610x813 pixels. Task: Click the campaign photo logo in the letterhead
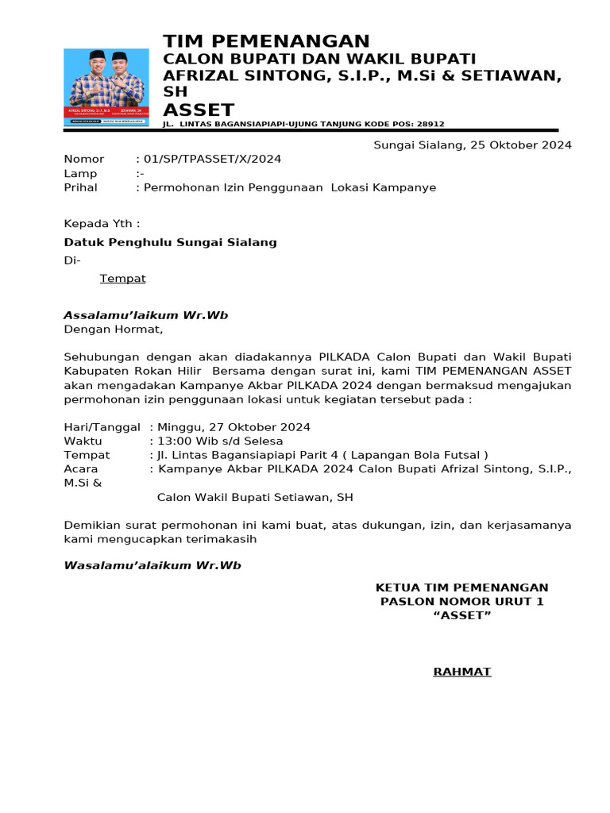[x=106, y=87]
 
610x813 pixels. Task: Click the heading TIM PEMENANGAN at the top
[x=266, y=41]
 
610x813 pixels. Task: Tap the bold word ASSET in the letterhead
[x=199, y=110]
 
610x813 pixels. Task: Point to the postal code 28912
[x=429, y=125]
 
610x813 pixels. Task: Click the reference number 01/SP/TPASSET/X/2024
[x=211, y=159]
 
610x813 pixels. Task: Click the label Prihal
[x=80, y=187]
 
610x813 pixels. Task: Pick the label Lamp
[x=80, y=173]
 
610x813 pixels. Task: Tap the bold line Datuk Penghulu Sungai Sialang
[x=170, y=242]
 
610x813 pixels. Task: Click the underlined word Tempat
[x=122, y=279]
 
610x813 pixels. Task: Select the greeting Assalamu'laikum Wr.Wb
[x=145, y=315]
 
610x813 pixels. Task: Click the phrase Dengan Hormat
[x=113, y=329]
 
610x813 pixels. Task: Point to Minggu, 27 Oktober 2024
[x=234, y=427]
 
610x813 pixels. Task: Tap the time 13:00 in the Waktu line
[x=173, y=441]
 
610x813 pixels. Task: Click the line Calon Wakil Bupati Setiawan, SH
[x=255, y=498]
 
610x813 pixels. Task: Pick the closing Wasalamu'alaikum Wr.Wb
[x=152, y=565]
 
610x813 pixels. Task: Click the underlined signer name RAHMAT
[x=461, y=672]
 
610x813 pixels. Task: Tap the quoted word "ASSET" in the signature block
[x=461, y=615]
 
